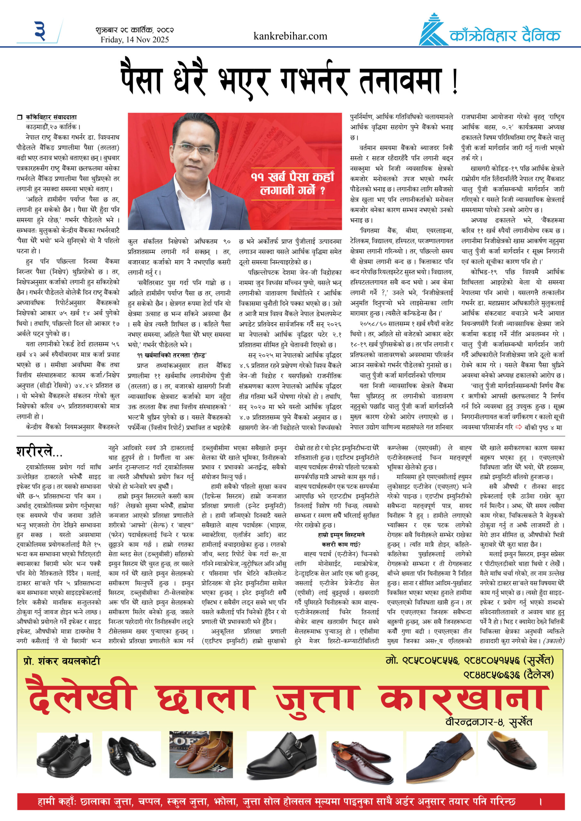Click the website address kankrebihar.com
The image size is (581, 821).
pyautogui.click(x=290, y=36)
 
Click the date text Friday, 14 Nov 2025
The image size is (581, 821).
pyautogui.click(x=134, y=40)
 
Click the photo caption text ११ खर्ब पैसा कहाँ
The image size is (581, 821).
pyautogui.click(x=292, y=177)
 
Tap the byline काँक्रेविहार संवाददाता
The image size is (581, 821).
pyautogui.click(x=51, y=117)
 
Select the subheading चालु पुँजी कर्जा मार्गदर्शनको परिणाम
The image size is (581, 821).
pyautogui.click(x=403, y=376)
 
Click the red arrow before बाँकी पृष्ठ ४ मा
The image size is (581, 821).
pyautogui.click(x=519, y=427)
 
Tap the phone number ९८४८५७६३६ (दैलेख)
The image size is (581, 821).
pyautogui.click(x=508, y=675)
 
